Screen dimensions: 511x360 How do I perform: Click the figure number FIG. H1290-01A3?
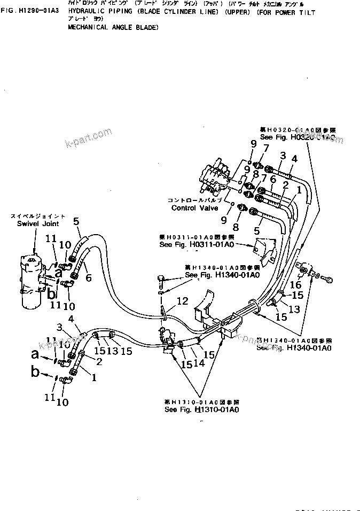tap(29, 10)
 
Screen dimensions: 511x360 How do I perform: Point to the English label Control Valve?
tap(194, 208)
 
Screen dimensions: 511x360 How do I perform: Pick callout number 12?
tap(183, 302)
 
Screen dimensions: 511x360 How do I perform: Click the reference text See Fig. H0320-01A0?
tap(298, 137)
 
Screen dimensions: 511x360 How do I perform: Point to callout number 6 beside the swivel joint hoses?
tap(89, 277)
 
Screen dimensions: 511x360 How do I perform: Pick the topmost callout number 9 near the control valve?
tap(253, 143)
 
